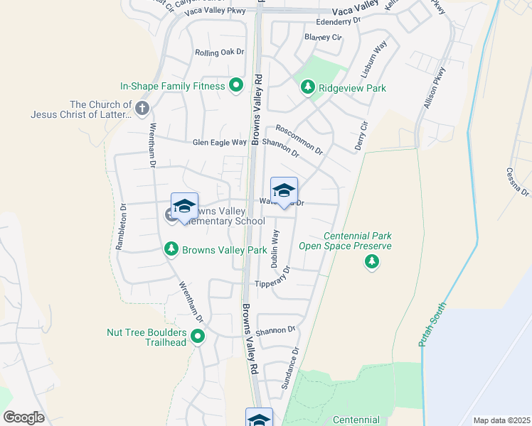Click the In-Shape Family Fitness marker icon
coord(236,87)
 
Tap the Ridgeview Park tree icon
coord(307,87)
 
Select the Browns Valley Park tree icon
coord(171,249)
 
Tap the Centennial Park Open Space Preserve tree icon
coord(371,262)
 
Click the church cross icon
coord(142,109)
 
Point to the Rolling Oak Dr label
coord(220,53)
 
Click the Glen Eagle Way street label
coord(219,143)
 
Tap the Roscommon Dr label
coord(299,141)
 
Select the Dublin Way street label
coord(275,248)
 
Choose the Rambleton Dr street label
coord(121,227)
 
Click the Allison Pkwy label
coord(434,87)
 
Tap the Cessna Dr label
coord(517,181)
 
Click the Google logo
coord(23,417)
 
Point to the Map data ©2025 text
coord(501,420)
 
